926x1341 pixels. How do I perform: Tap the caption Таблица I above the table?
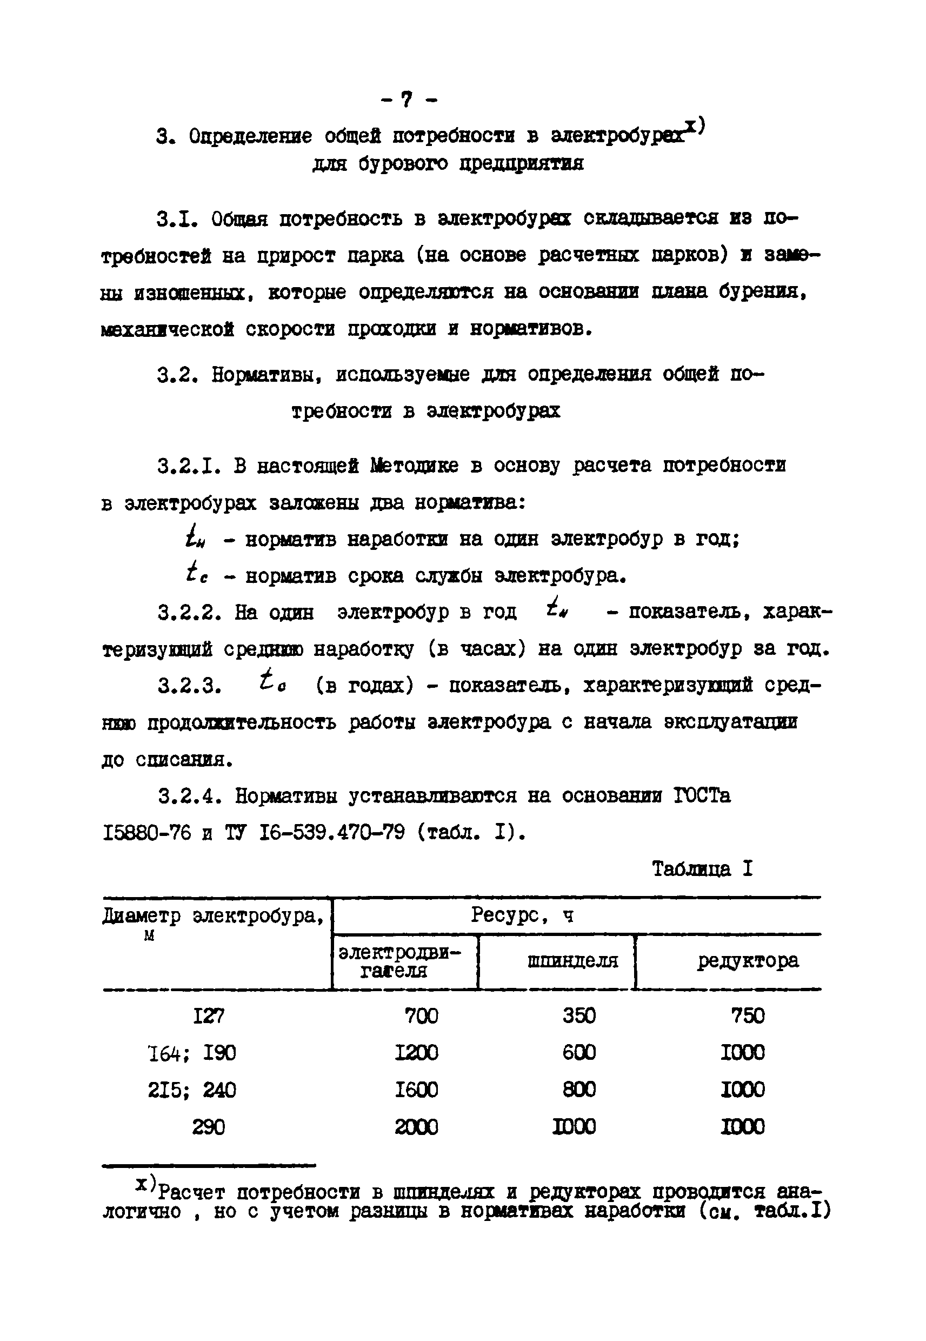pos(702,868)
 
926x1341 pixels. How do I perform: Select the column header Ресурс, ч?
pos(522,915)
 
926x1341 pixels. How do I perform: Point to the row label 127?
pos(208,1015)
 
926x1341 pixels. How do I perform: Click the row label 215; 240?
pos(192,1090)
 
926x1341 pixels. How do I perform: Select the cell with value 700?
pos(421,1015)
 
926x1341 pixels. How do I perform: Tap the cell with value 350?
pos(578,1015)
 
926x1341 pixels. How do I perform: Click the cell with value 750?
pos(747,1015)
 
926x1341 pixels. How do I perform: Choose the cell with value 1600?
pos(416,1090)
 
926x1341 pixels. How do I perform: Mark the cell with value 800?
pos(578,1090)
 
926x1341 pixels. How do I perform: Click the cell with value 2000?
pos(416,1127)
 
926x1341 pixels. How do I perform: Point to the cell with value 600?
pos(578,1053)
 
